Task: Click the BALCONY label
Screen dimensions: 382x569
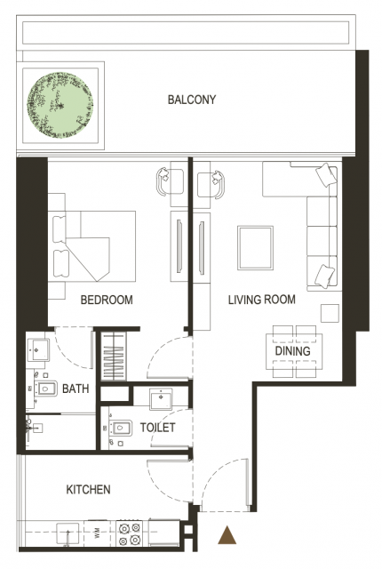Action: click(x=192, y=100)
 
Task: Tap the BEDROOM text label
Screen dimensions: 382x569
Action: click(x=107, y=300)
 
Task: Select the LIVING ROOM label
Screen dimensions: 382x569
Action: click(x=262, y=300)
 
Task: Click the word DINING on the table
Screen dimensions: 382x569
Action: click(x=293, y=351)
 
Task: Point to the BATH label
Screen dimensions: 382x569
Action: click(x=76, y=389)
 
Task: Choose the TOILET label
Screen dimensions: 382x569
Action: click(x=157, y=428)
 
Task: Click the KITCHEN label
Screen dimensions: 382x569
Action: click(x=88, y=490)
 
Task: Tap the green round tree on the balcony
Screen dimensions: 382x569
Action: click(x=60, y=105)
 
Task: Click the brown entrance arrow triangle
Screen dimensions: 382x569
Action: click(x=227, y=535)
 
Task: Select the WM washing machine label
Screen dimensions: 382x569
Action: click(x=97, y=533)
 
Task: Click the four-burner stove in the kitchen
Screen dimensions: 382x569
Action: click(x=130, y=533)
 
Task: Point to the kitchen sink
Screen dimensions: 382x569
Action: click(x=68, y=533)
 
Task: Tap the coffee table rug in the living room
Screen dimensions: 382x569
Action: click(x=255, y=248)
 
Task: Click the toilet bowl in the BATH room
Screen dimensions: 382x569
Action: click(x=45, y=389)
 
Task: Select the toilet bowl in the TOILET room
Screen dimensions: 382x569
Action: click(x=120, y=429)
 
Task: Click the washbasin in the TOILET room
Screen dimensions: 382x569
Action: click(x=161, y=397)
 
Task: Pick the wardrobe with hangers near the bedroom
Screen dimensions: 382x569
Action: click(x=114, y=357)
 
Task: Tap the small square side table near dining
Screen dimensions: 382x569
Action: click(x=330, y=313)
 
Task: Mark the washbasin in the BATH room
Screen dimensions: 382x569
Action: click(x=37, y=350)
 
